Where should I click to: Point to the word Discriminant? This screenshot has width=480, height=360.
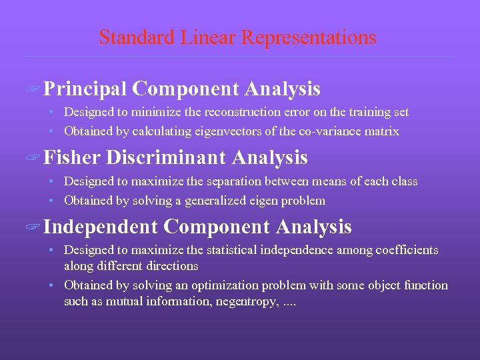166,158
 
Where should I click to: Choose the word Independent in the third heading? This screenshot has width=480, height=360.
101,227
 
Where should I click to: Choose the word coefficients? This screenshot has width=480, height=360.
409,250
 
